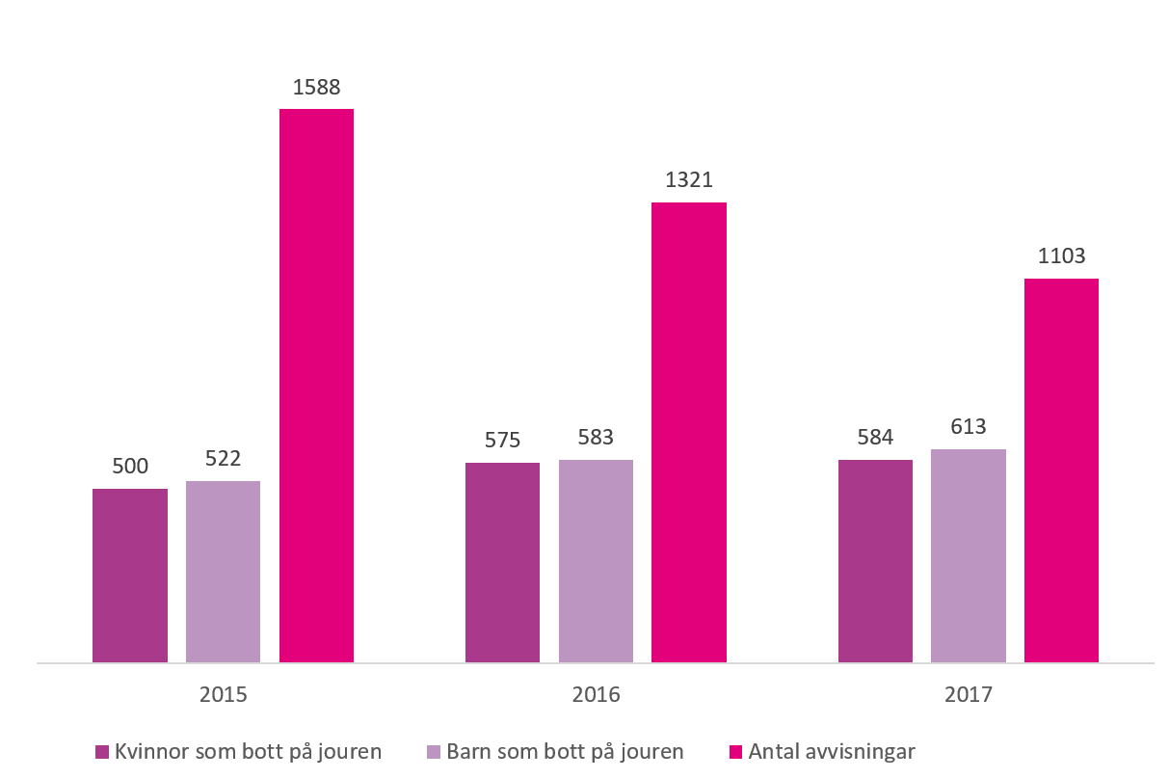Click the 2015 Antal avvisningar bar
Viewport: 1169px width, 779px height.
click(316, 386)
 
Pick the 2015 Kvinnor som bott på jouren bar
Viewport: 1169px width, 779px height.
click(130, 576)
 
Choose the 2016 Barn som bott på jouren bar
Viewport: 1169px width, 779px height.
click(596, 561)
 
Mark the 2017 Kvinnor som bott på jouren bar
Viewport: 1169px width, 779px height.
click(875, 561)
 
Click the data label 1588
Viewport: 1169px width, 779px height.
click(316, 88)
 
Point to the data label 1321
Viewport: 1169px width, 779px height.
click(688, 180)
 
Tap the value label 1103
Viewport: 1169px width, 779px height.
click(1061, 256)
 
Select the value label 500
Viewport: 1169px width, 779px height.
click(130, 467)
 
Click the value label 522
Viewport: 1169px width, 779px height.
click(223, 459)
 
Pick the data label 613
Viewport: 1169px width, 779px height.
click(968, 427)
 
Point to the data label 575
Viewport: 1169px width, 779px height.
click(502, 441)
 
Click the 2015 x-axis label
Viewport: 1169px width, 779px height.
click(223, 695)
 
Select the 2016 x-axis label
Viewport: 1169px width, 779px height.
click(596, 695)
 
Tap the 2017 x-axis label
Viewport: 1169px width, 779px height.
click(968, 695)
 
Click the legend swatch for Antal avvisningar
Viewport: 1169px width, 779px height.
click(736, 752)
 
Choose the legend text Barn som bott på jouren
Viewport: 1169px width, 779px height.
click(566, 752)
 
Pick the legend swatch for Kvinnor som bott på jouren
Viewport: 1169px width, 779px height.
click(101, 752)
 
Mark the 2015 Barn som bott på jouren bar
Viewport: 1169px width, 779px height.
click(223, 572)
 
